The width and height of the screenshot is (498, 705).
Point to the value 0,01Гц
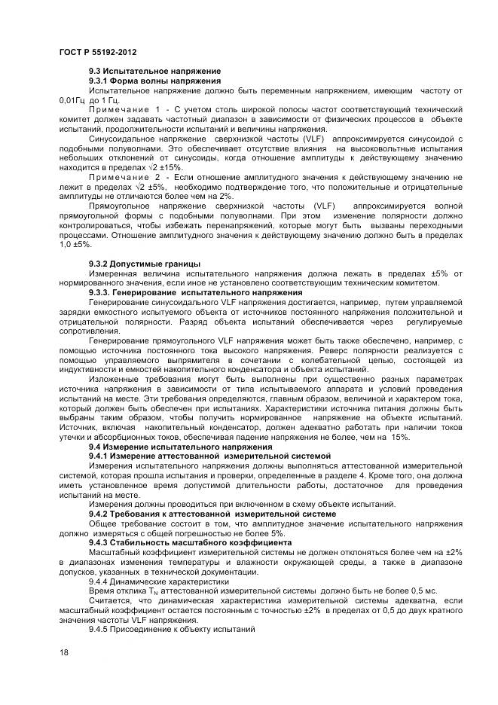point(72,99)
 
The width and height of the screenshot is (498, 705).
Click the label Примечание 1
point(124,109)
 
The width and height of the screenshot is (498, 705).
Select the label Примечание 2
point(124,176)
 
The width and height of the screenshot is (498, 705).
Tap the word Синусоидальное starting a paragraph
point(122,139)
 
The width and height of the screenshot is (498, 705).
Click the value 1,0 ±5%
point(75,245)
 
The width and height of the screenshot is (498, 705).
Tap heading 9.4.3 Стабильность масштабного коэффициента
point(185,542)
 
